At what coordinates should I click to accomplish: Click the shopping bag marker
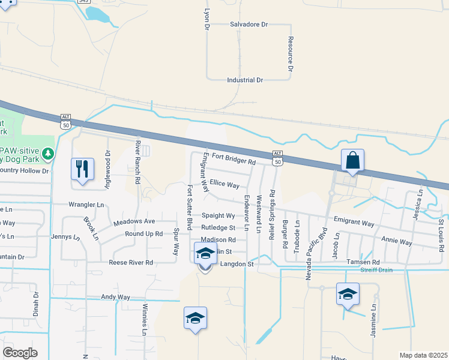click(x=352, y=161)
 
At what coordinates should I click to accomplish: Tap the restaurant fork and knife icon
click(x=82, y=169)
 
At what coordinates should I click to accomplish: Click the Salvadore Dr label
click(x=249, y=25)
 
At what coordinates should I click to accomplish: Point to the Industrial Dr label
click(x=245, y=80)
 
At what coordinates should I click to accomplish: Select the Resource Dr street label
click(x=290, y=54)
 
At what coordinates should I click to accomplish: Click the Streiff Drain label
click(x=376, y=270)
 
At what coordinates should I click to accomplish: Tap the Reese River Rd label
click(x=131, y=262)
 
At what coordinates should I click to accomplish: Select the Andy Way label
click(x=115, y=296)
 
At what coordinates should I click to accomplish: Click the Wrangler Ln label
click(x=86, y=205)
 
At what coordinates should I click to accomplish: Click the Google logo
click(x=20, y=353)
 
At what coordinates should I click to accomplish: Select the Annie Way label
click(x=397, y=241)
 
